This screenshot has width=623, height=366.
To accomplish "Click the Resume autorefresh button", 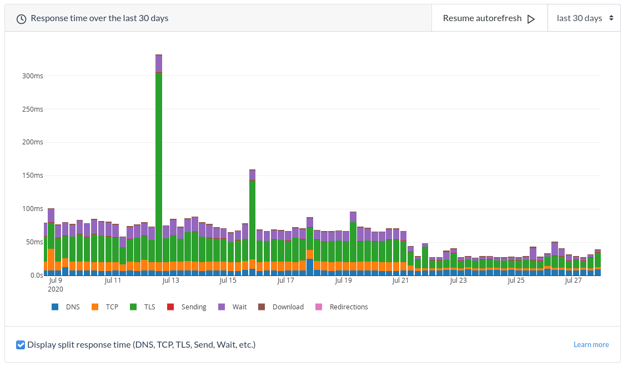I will pos(489,18).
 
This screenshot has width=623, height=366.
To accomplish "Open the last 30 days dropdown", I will pos(584,18).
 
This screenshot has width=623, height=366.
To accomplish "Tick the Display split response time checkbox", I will pos(21,345).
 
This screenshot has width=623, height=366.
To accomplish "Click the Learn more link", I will pos(591,345).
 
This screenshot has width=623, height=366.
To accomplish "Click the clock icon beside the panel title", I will pos(21,19).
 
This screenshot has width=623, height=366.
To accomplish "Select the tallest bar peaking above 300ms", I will pos(159,167).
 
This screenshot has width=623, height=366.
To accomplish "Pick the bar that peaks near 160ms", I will pos(252,222).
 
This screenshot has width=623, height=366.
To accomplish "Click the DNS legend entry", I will pos(66,307).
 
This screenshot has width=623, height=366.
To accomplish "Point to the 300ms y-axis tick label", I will pos(32,76).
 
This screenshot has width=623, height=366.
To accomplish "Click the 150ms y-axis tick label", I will pos(32,176).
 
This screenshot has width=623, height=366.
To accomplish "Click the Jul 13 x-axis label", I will pos(170,281).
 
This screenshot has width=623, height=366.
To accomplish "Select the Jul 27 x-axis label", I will pos(573,281).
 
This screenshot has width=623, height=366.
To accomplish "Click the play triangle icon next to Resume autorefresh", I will pos(531,19).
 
